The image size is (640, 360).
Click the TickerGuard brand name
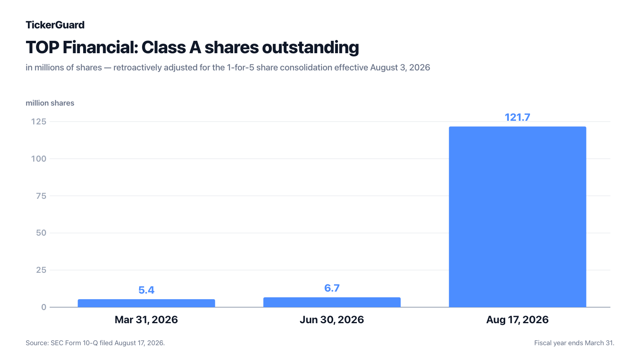tap(55, 25)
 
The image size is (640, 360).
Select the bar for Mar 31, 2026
tap(146, 303)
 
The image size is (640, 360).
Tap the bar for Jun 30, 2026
tap(332, 302)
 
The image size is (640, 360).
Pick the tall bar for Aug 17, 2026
tap(518, 217)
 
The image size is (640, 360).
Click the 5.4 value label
tap(146, 290)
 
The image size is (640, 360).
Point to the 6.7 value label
tap(332, 288)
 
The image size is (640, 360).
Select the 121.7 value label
tap(518, 117)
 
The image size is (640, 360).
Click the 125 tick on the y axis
tap(38, 122)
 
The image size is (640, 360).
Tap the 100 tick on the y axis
tap(38, 159)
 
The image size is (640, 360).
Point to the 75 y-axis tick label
tap(41, 196)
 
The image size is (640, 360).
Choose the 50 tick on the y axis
tap(41, 233)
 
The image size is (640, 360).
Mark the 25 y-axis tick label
tap(41, 270)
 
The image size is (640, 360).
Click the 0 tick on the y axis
tap(44, 307)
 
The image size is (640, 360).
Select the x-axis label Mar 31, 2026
tap(146, 320)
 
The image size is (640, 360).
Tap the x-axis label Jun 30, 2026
tap(332, 320)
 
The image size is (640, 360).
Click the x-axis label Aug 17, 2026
tap(518, 320)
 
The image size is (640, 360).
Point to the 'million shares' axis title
tap(50, 103)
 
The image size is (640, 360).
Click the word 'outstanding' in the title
tap(310, 47)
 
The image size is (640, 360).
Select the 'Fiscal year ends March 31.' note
tap(574, 343)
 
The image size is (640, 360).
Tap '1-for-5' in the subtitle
tap(240, 68)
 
